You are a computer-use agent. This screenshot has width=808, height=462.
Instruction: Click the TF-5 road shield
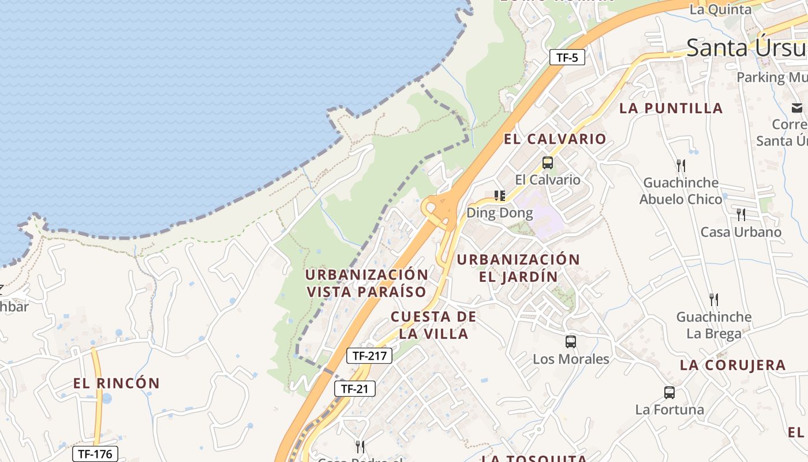pos(567,57)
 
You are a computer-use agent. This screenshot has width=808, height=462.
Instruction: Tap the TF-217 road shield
pos(369,356)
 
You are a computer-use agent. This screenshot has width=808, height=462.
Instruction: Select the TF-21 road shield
pos(354,389)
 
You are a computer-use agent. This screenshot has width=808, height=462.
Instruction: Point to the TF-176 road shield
pos(95,454)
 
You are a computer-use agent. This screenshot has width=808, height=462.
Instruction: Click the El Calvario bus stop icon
pos(548,163)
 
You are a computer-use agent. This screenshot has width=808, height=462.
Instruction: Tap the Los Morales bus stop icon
pos(571,342)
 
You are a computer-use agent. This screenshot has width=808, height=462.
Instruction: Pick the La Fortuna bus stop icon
pos(669,393)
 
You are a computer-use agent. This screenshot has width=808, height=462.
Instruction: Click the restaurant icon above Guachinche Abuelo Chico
pos(681,166)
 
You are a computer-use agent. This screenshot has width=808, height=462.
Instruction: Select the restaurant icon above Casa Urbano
pos(741,215)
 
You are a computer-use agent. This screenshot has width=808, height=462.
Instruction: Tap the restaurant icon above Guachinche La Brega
pos(714,299)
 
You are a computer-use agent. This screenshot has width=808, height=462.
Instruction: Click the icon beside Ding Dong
pos(500,196)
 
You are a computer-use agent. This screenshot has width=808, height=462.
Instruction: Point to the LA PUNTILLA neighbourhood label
pos(671,108)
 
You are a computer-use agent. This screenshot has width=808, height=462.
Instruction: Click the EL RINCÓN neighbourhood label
pos(117,383)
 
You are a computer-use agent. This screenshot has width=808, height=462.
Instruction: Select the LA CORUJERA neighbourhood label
pos(732,365)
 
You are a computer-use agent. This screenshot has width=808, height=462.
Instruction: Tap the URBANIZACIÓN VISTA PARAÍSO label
pos(366,283)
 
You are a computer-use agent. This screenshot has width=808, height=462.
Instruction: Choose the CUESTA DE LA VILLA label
pos(433,325)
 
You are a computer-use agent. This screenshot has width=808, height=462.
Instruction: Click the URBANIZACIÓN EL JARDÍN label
pos(518,268)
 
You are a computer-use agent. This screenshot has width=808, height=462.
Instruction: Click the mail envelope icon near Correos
pos(797,107)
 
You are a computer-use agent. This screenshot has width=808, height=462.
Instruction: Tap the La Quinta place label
pos(720,9)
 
